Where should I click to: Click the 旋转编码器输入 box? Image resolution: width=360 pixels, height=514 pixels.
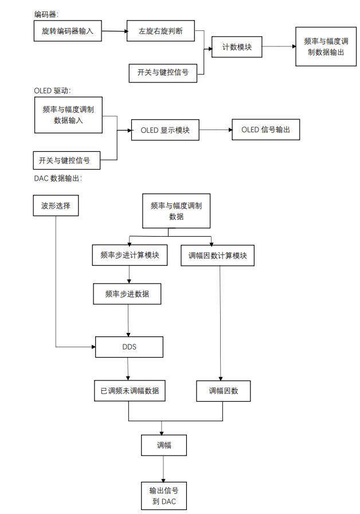68,32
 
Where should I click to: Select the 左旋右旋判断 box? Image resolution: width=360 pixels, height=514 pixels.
161,31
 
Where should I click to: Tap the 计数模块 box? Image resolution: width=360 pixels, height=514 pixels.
237,47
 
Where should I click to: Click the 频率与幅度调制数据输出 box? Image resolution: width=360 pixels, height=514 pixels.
326,46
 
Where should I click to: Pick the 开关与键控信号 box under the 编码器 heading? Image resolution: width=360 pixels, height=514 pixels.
163,73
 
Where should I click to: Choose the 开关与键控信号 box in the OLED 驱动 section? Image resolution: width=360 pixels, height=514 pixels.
64,160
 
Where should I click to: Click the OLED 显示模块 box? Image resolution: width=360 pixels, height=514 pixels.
165,130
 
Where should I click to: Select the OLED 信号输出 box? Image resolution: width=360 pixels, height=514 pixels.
265,130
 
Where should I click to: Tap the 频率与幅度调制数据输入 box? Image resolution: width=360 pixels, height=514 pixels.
68,115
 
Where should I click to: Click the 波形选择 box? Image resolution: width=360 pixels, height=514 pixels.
56,206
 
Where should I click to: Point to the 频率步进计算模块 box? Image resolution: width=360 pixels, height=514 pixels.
130,256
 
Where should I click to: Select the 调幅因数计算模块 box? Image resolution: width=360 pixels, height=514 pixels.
217,256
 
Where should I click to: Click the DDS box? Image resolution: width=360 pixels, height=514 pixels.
129,347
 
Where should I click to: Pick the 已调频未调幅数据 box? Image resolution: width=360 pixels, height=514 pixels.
130,391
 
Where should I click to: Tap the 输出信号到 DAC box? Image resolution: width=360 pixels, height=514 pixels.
164,496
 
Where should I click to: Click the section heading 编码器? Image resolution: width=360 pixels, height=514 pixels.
46,13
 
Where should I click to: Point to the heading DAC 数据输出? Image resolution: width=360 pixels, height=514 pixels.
58,178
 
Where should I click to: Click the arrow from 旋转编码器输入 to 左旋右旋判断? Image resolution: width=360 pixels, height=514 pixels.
115,32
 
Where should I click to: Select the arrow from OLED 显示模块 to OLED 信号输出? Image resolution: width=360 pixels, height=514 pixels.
215,130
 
